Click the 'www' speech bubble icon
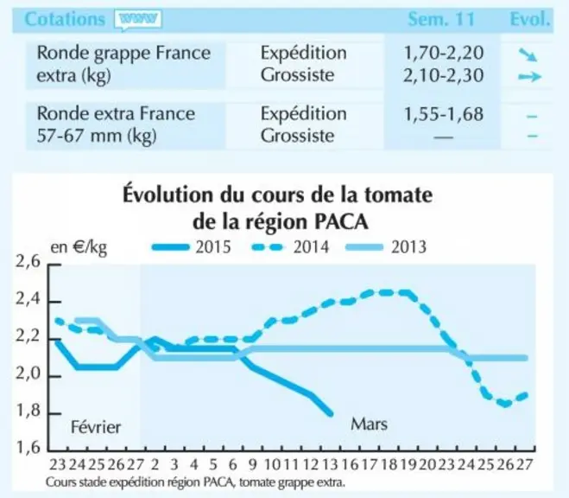[138, 20]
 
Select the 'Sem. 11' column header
[441, 19]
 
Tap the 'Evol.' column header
[530, 19]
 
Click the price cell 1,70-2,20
[444, 53]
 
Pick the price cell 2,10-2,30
[444, 75]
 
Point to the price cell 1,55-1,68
[444, 114]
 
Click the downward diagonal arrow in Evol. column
[528, 54]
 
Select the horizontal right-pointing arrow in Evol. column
[530, 77]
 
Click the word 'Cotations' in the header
[65, 19]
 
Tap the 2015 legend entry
[191, 247]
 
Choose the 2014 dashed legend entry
[290, 247]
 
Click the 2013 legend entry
[386, 247]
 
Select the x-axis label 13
[330, 464]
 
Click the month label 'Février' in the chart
[96, 427]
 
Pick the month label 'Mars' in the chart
[369, 424]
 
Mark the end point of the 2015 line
[330, 413]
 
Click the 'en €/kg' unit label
[79, 248]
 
